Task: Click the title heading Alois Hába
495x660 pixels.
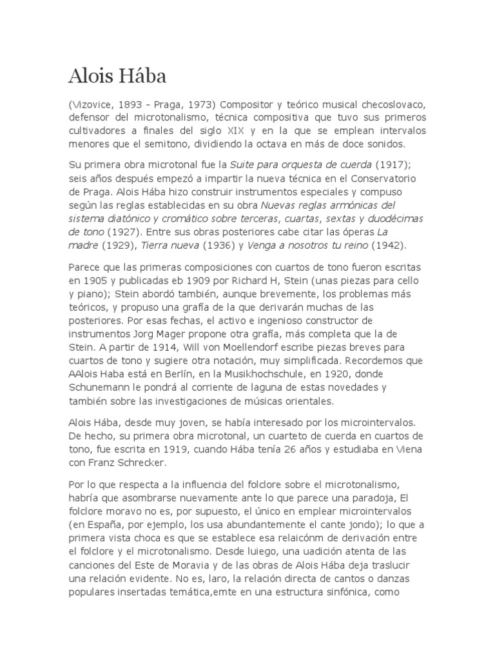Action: [117, 77]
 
